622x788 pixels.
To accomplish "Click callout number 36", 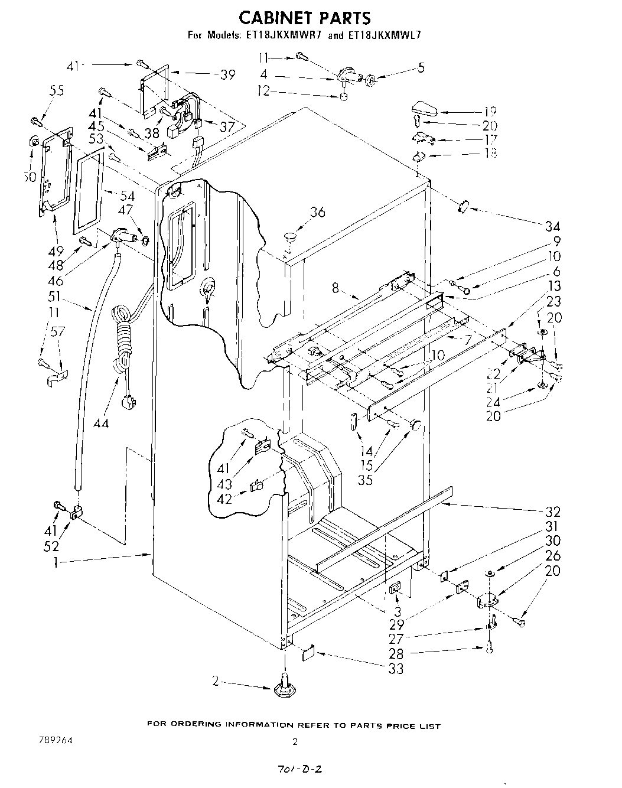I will [x=317, y=211].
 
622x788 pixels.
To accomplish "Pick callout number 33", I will [x=395, y=668].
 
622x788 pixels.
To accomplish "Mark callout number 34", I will [x=552, y=226].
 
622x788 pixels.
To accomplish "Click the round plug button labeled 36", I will [x=291, y=237].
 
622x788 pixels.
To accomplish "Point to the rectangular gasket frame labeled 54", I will [x=89, y=190].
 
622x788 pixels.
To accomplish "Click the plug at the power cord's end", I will [x=127, y=405].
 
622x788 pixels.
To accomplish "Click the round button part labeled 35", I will [x=416, y=425].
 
